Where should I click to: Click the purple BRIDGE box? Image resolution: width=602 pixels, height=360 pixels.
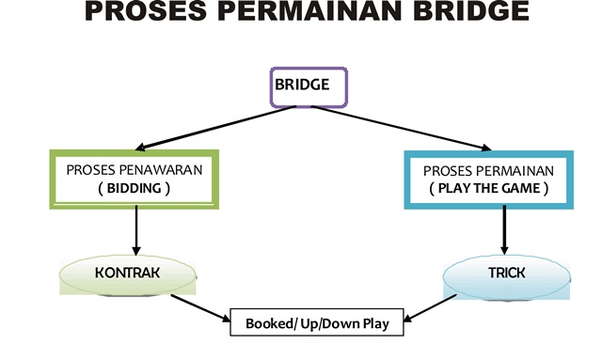[x=309, y=86]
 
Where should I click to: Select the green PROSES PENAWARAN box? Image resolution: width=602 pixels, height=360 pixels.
[x=136, y=179]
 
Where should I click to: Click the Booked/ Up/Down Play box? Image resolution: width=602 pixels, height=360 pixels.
[x=317, y=322]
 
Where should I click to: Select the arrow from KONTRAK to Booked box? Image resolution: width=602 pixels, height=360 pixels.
[x=201, y=308]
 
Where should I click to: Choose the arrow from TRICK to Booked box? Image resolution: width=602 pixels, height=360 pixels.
[x=434, y=308]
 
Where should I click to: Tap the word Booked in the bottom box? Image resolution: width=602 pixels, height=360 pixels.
[x=270, y=322]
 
